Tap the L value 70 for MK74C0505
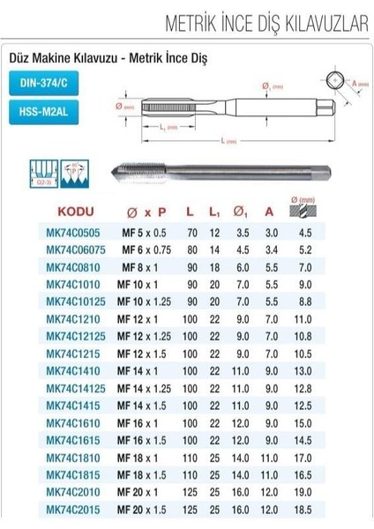(191, 234)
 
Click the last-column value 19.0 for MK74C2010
(330, 492)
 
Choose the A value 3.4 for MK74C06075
(272, 250)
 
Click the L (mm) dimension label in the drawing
(233, 140)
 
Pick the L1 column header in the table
(214, 213)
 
